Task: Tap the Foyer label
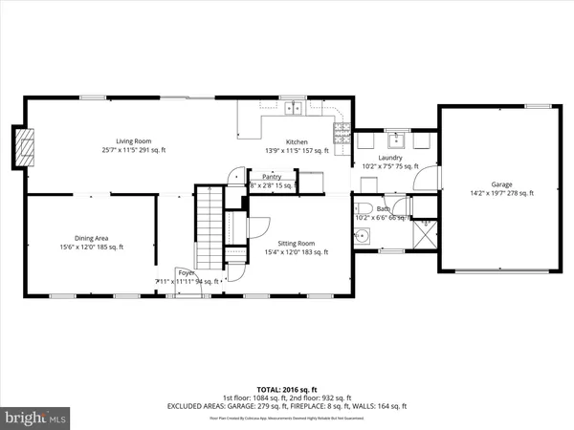coord(184,272)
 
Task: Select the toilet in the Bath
coord(361,208)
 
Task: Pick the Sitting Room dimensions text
coord(296,252)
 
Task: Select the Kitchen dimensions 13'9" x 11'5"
coord(297,150)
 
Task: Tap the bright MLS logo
coord(36,418)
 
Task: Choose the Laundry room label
coord(390,158)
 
